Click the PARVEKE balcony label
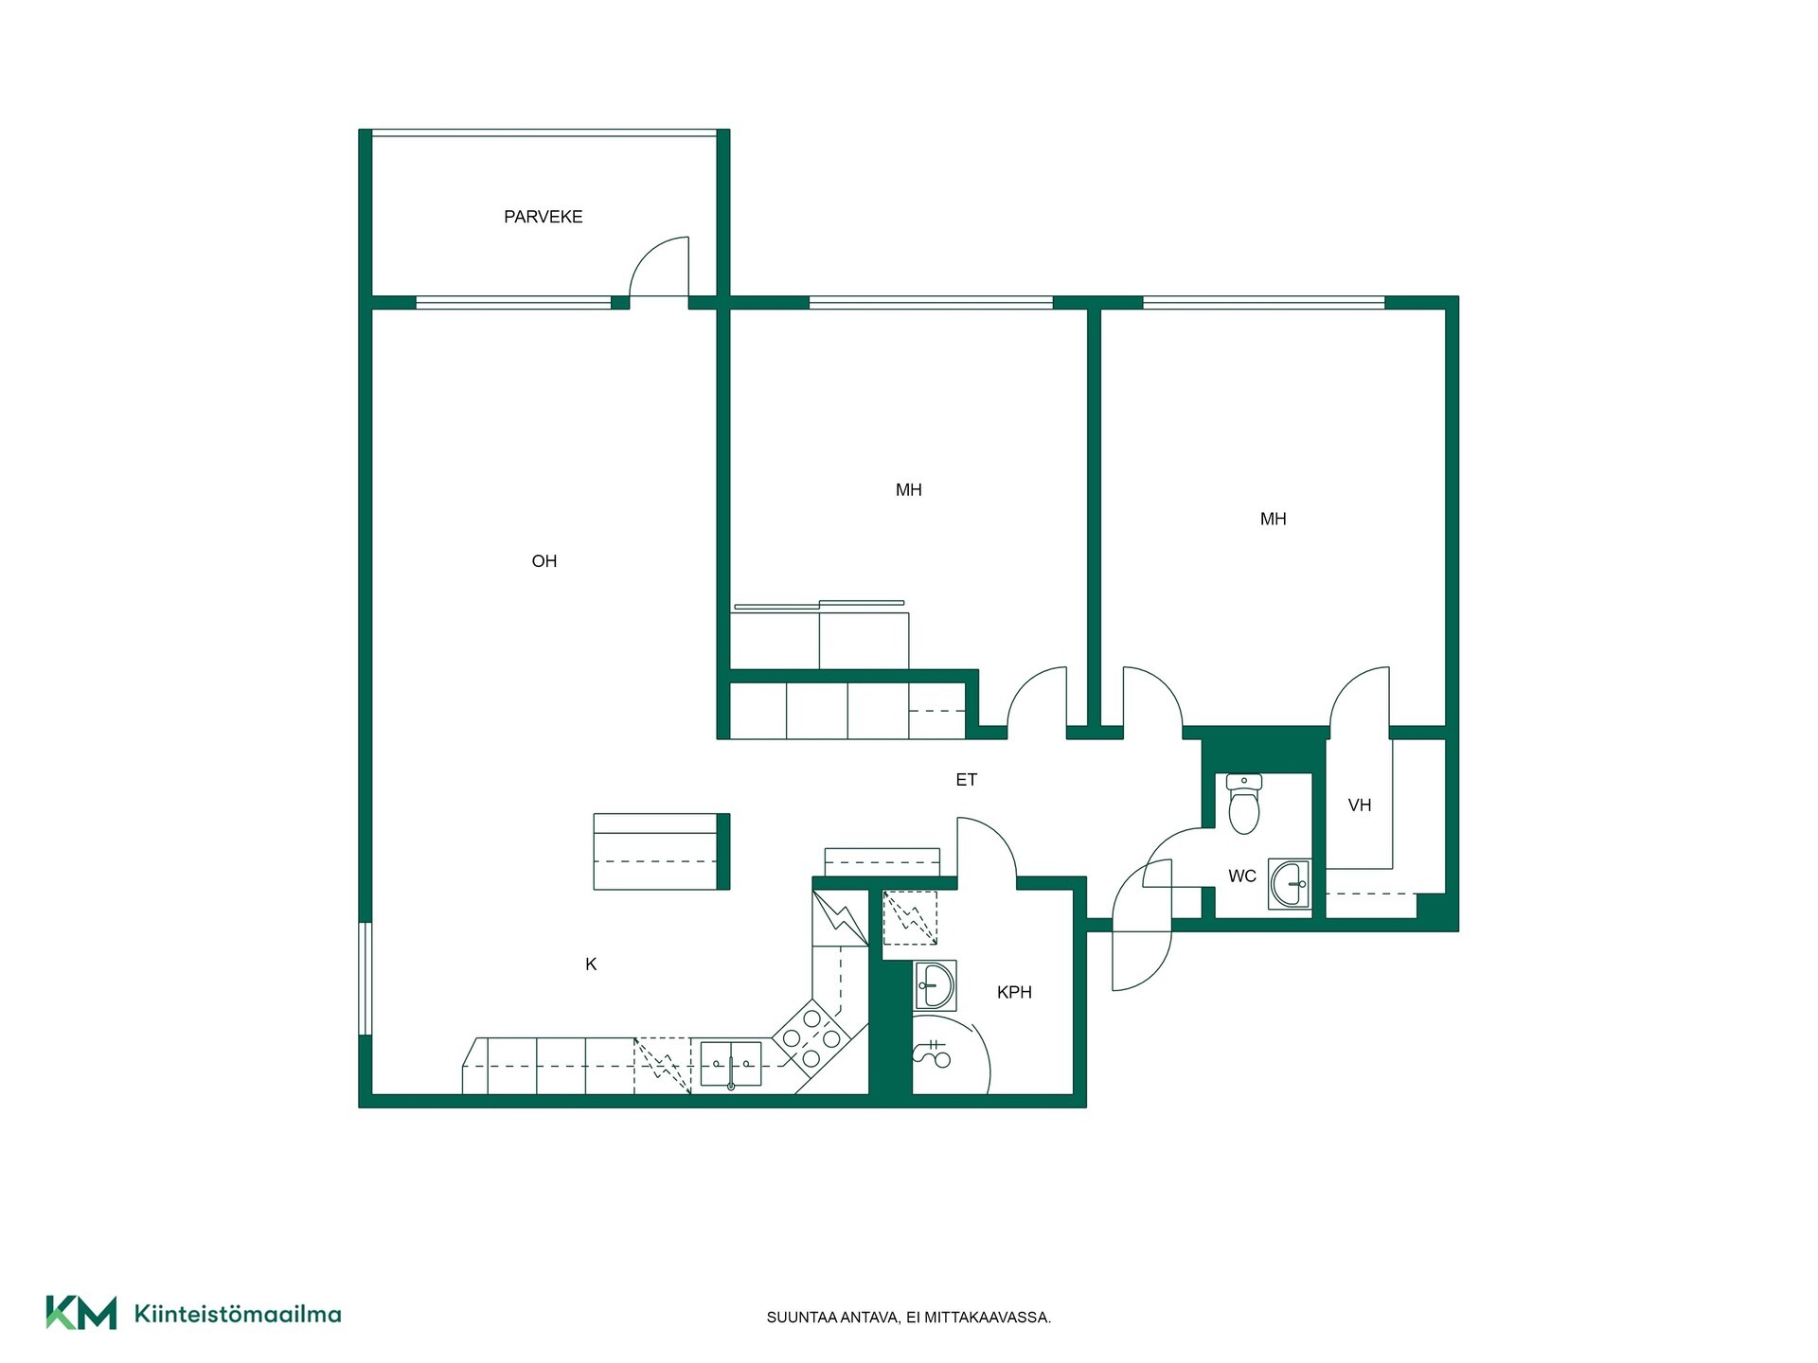[x=543, y=217]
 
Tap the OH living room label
[x=544, y=561]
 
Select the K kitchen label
[x=591, y=965]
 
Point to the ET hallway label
[x=966, y=780]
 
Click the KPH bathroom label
[x=1014, y=992]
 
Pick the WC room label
[x=1242, y=876]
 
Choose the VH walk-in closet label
[x=1360, y=805]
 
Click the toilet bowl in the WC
[x=1244, y=804]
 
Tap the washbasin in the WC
[x=1290, y=884]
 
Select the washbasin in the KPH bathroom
[x=936, y=985]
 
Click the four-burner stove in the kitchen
[x=811, y=1037]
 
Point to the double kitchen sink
[x=731, y=1064]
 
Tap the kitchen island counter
[x=661, y=851]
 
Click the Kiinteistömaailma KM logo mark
[x=81, y=1313]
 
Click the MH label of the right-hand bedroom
[x=1273, y=519]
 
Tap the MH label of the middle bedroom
[x=908, y=490]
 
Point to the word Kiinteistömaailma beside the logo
[x=238, y=1314]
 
